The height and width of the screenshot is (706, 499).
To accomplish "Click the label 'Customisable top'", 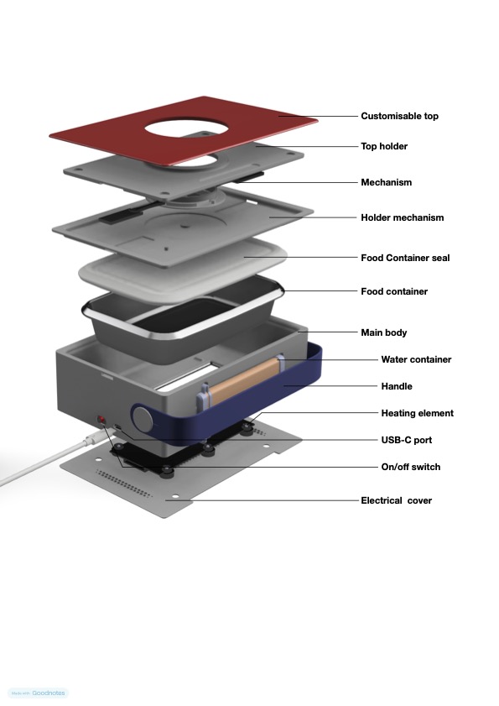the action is (399, 116).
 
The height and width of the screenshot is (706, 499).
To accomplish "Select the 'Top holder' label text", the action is (384, 146).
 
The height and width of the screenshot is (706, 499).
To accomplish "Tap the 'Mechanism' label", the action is (386, 182).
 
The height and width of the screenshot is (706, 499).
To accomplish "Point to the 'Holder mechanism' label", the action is (403, 217).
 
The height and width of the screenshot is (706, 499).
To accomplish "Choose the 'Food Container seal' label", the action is (405, 258).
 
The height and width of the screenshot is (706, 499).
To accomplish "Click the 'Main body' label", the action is (384, 332).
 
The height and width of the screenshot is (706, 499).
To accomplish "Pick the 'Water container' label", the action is (416, 359).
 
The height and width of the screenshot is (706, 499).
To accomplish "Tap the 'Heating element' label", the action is (417, 413).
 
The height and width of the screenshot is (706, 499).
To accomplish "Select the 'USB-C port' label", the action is (406, 440).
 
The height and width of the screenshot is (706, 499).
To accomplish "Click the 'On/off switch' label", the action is (411, 467).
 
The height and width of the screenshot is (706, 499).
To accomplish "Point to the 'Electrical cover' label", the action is (397, 500).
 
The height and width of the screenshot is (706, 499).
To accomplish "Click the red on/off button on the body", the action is (102, 420).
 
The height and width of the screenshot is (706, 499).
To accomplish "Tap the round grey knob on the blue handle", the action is (143, 419).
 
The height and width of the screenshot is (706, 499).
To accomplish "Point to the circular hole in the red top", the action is (187, 129).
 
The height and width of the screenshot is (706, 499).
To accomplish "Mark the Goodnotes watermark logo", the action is (39, 693).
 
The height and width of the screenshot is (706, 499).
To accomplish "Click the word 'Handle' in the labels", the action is (397, 386).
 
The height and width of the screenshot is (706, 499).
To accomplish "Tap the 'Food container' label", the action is (394, 292).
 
